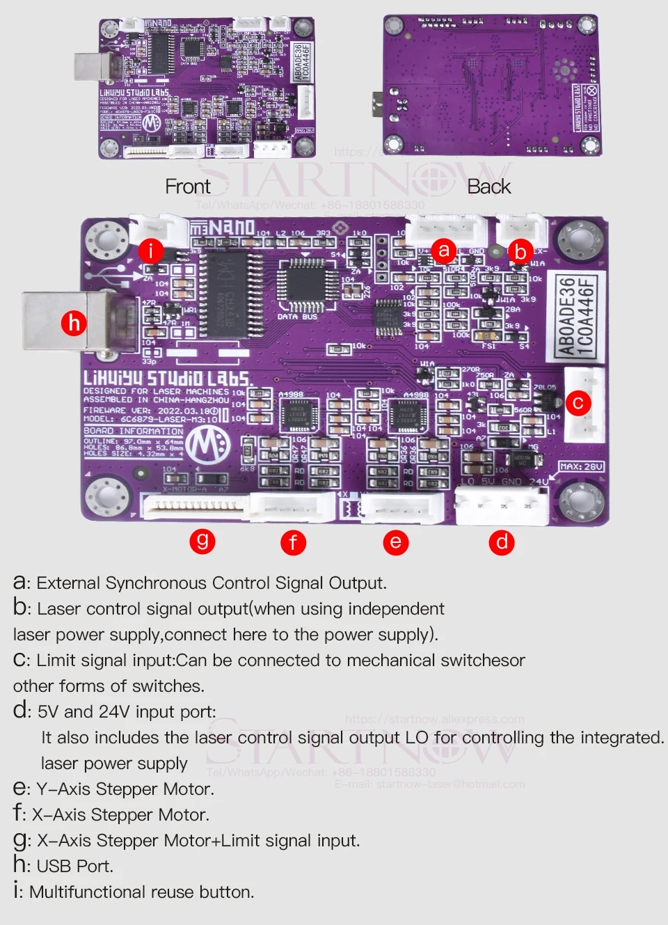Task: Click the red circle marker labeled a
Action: click(443, 250)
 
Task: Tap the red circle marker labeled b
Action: click(520, 251)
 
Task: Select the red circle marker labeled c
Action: click(578, 403)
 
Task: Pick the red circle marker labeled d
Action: click(502, 541)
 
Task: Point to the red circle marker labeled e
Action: click(395, 541)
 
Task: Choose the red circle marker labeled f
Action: click(293, 541)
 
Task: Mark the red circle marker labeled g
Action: click(202, 540)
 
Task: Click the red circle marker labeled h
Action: click(74, 322)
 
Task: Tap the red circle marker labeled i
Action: click(151, 250)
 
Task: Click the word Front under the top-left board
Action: click(187, 187)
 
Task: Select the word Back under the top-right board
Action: click(488, 187)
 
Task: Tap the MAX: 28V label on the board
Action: click(582, 466)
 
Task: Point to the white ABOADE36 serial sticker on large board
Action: click(576, 317)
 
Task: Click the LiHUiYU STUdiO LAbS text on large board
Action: click(166, 378)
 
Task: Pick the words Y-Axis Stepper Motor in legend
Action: click(125, 789)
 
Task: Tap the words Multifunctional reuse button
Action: click(141, 892)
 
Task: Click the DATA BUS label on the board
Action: click(297, 317)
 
